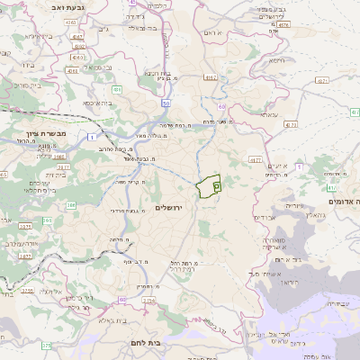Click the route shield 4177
(255, 159)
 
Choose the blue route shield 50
(166, 106)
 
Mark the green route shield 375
(46, 345)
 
